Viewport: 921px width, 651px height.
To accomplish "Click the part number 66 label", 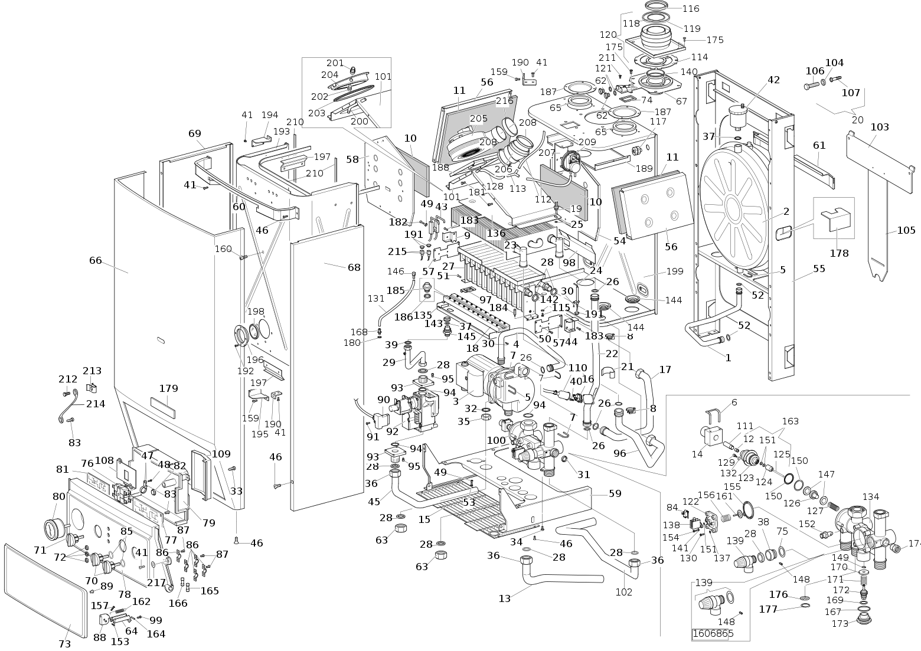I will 95,260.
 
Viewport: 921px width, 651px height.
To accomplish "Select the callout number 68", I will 354,267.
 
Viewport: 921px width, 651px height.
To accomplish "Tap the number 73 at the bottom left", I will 64,644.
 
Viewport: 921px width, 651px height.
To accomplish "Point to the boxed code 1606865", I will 712,633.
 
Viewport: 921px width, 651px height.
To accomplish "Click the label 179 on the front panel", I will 168,388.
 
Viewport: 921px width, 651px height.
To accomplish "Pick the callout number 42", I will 773,80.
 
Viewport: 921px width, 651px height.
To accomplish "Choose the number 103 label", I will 880,127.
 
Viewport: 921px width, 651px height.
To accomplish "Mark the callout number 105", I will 906,230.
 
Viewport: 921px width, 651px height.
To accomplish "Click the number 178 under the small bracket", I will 839,253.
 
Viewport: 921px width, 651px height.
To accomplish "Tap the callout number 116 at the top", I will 691,9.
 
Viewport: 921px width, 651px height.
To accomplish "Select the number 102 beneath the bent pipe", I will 624,592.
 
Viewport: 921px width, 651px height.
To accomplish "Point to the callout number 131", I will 376,299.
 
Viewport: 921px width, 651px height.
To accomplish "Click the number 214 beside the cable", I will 96,404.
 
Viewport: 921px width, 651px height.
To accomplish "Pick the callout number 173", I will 840,624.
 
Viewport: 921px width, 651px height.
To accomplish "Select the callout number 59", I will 615,493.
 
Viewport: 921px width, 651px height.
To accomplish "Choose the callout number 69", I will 195,133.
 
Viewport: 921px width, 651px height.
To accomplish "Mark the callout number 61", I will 819,145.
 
